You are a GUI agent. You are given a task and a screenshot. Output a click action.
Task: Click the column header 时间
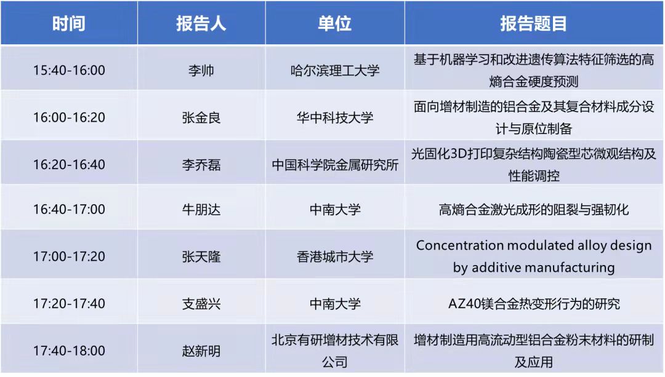click(x=69, y=23)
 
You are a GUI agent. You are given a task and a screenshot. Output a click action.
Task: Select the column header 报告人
click(x=201, y=23)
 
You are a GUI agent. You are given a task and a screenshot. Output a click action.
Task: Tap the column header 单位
click(x=334, y=23)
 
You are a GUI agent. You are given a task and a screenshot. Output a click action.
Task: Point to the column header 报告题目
click(x=533, y=23)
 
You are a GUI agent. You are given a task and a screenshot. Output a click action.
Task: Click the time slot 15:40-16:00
click(x=69, y=70)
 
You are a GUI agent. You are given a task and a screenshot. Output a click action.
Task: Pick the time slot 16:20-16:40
click(x=69, y=164)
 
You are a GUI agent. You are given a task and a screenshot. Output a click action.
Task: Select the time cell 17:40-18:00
click(x=69, y=351)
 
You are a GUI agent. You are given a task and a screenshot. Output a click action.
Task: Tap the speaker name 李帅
click(x=201, y=70)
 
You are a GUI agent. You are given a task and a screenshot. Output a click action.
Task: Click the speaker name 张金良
click(x=201, y=117)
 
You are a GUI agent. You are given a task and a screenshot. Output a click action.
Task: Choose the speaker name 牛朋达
click(x=201, y=209)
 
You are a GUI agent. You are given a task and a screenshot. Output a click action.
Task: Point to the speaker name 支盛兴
click(x=201, y=304)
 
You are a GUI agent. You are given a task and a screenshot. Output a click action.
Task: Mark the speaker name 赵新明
click(x=201, y=351)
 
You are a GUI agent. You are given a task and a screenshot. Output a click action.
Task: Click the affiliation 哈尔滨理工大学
click(x=334, y=70)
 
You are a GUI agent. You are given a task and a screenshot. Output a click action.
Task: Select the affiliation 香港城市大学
click(x=334, y=256)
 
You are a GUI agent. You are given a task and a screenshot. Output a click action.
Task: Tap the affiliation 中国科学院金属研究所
click(x=335, y=164)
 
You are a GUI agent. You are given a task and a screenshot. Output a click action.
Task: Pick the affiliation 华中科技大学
click(x=334, y=117)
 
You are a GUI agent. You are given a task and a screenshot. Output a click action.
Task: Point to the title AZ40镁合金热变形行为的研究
click(x=534, y=304)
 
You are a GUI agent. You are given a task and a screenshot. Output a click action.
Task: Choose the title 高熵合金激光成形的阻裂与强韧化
click(x=533, y=209)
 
